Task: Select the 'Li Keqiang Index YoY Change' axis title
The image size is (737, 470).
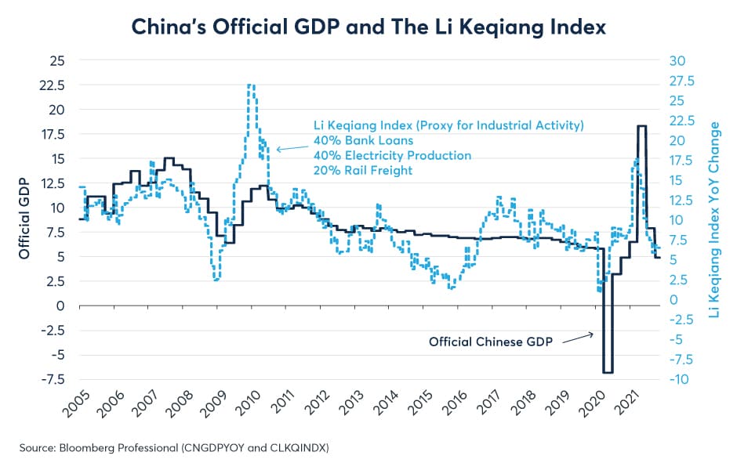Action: pos(713,219)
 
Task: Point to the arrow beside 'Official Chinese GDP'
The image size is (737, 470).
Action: pos(578,336)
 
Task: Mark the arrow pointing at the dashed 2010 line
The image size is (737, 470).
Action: pos(290,147)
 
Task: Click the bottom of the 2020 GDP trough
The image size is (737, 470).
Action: pos(608,372)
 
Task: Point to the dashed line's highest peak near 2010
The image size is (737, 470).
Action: pos(250,85)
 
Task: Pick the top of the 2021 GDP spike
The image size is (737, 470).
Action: pos(641,126)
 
